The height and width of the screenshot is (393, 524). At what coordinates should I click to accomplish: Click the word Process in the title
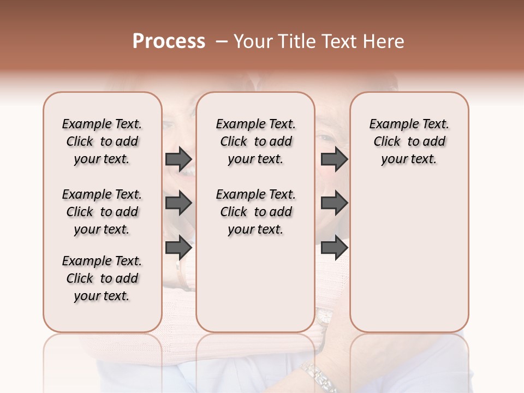169,41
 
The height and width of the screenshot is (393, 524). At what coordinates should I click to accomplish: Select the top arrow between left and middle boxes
178,159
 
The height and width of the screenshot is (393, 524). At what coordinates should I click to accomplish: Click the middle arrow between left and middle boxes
178,204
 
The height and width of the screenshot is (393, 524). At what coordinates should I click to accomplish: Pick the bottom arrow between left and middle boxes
178,247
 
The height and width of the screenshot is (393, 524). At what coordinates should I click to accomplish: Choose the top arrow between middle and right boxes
334,159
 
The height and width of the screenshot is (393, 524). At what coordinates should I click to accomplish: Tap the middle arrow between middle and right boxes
334,204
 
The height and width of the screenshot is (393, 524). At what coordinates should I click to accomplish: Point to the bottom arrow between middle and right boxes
334,247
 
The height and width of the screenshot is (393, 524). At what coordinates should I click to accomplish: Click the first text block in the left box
102,141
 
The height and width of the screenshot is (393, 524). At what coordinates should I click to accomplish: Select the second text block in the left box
102,212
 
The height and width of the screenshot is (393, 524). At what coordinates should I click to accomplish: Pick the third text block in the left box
102,278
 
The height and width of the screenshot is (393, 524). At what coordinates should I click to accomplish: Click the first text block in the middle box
255,141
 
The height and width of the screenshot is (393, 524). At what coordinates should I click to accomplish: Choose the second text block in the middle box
255,212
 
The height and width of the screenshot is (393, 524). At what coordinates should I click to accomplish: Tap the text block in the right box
409,141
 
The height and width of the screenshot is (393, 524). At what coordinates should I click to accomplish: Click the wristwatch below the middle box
323,317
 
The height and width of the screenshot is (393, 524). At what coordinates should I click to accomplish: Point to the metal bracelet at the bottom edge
319,377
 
